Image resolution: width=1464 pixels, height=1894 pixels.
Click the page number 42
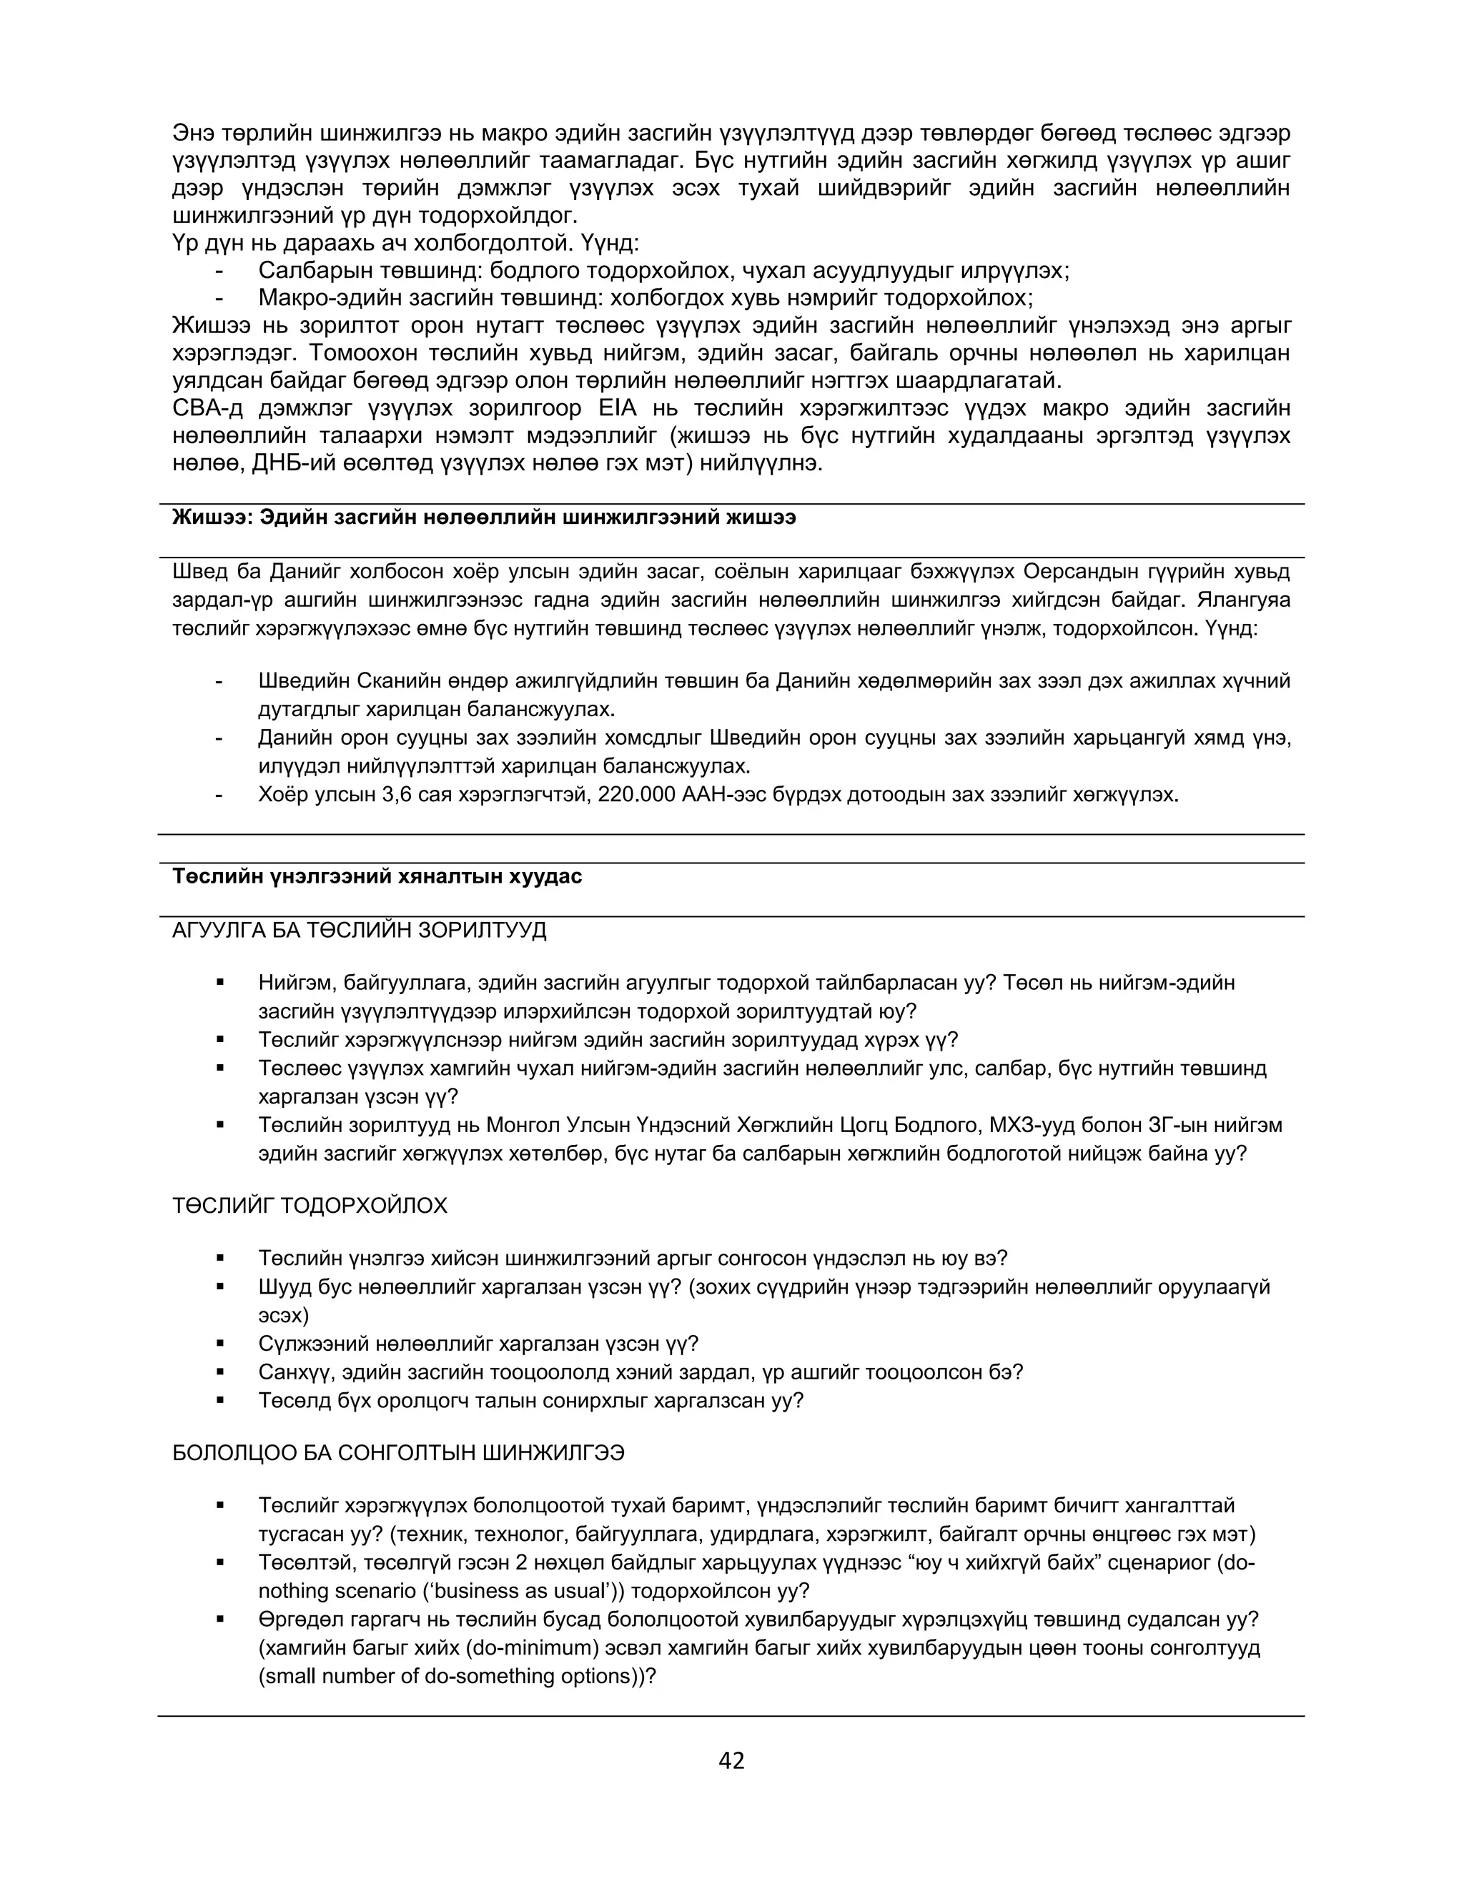pyautogui.click(x=731, y=1760)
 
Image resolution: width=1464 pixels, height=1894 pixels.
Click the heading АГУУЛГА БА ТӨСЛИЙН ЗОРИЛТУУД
pyautogui.click(x=359, y=931)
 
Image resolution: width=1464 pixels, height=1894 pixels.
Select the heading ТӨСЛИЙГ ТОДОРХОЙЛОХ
pyautogui.click(x=310, y=1206)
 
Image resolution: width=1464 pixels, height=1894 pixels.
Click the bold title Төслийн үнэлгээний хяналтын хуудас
pyautogui.click(x=377, y=877)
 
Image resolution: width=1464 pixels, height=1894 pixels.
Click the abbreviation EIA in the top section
pyautogui.click(x=617, y=408)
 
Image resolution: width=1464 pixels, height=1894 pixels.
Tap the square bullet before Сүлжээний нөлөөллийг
pyautogui.click(x=220, y=1344)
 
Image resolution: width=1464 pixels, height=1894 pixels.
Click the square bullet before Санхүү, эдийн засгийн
pyautogui.click(x=220, y=1372)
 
